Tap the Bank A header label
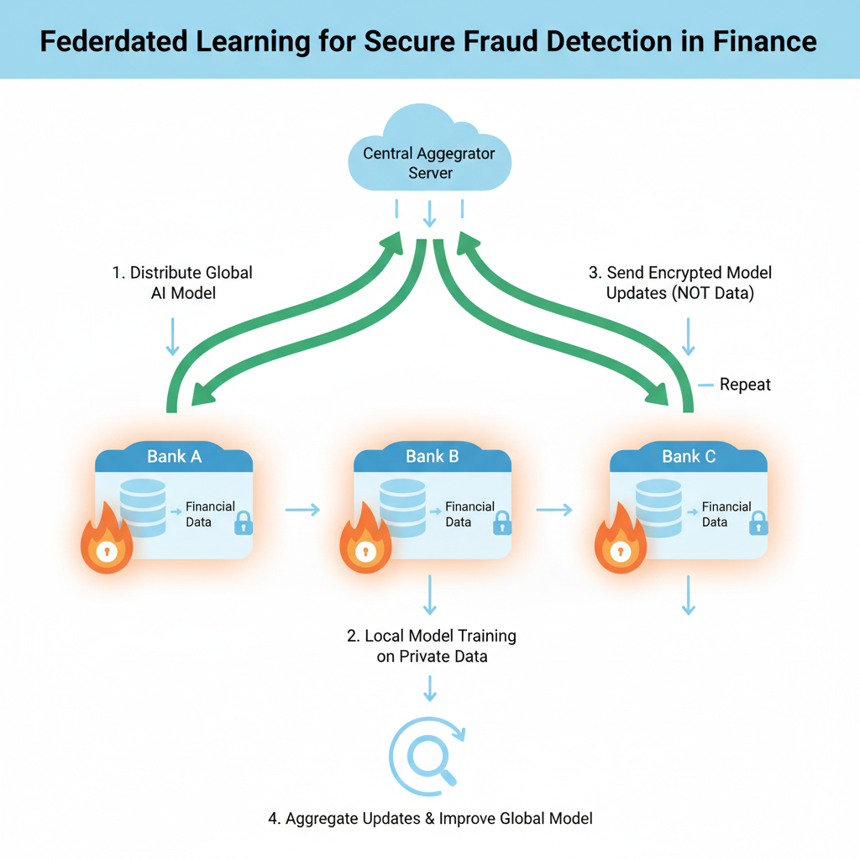[174, 457]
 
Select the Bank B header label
[432, 457]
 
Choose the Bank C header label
[689, 457]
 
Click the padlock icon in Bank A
[243, 524]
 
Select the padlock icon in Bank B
[501, 524]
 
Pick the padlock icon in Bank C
[758, 524]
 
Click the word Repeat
[745, 385]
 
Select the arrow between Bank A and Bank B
[302, 509]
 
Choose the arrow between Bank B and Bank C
[554, 509]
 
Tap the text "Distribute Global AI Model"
[182, 282]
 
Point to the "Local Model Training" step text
[432, 645]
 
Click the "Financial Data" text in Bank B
[469, 514]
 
